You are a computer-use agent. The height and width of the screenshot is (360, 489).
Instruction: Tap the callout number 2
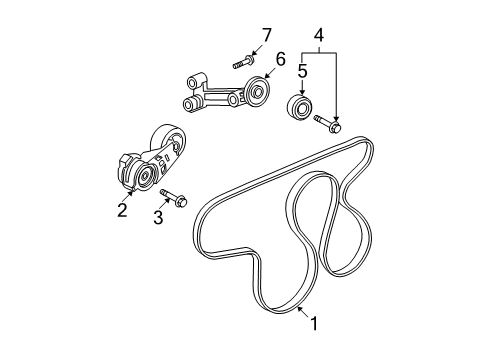click(x=122, y=208)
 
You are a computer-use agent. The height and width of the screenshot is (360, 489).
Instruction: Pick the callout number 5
click(x=302, y=72)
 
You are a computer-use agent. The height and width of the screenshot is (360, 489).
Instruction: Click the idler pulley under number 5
click(x=299, y=107)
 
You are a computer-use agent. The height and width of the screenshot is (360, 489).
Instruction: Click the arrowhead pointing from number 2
click(x=131, y=192)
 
